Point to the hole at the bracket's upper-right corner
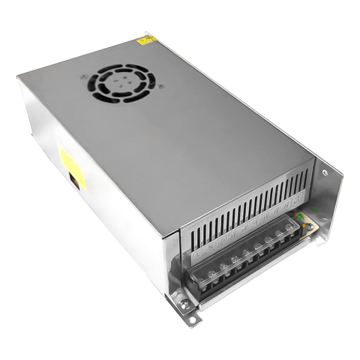pos(325,172)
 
